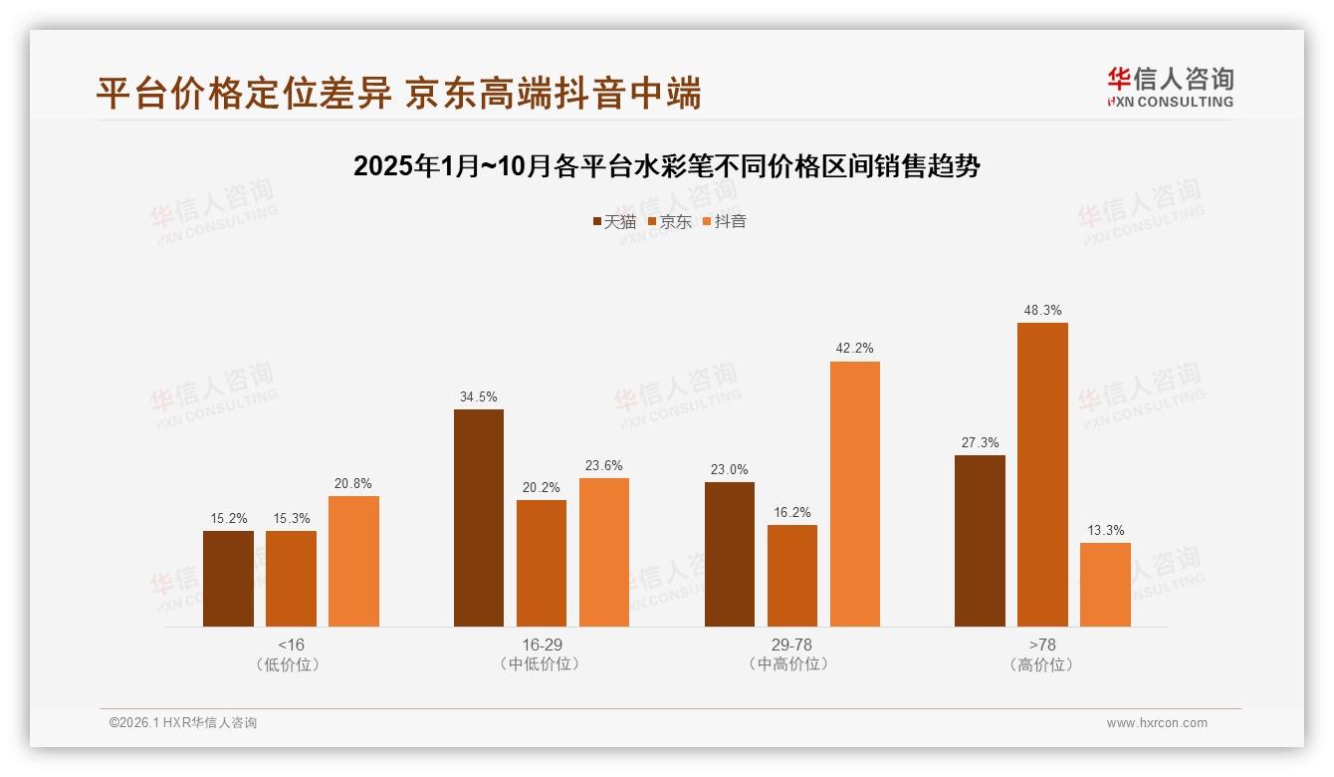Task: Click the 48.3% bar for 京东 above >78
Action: pyautogui.click(x=1042, y=474)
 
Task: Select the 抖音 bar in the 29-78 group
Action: pyautogui.click(x=855, y=494)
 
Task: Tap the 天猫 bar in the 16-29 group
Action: pyautogui.click(x=479, y=518)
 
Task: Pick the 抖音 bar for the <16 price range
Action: pyautogui.click(x=353, y=561)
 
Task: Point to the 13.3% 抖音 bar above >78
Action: pyautogui.click(x=1105, y=585)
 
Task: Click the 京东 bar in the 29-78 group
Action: pyautogui.click(x=792, y=576)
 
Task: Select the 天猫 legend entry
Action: pyautogui.click(x=614, y=221)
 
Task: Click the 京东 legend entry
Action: pyautogui.click(x=670, y=221)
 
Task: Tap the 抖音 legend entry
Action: pyautogui.click(x=725, y=221)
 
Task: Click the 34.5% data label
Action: pyautogui.click(x=479, y=396)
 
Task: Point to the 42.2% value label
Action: pyautogui.click(x=855, y=348)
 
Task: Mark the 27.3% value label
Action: pyautogui.click(x=981, y=442)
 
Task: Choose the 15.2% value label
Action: pyautogui.click(x=228, y=518)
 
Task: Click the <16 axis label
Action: pyautogui.click(x=291, y=645)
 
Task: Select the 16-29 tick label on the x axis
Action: pyautogui.click(x=542, y=645)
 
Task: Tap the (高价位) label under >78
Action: pyautogui.click(x=1042, y=664)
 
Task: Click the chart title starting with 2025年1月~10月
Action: pyautogui.click(x=667, y=166)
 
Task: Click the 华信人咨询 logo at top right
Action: pyautogui.click(x=1170, y=87)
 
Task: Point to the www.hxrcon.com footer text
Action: pyautogui.click(x=1157, y=723)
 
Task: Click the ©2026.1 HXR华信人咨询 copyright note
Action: pyautogui.click(x=183, y=723)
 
